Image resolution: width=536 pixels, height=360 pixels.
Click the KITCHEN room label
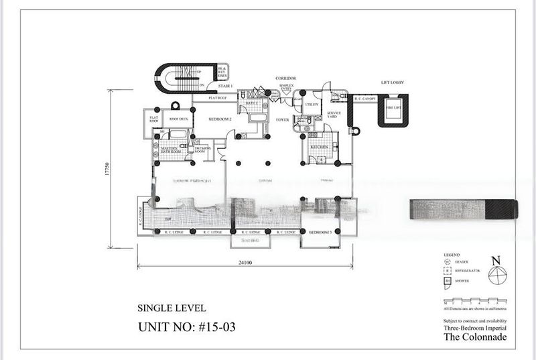click(319, 147)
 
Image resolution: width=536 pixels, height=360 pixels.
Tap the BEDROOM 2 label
click(220, 119)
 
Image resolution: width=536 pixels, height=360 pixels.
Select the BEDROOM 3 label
click(320, 232)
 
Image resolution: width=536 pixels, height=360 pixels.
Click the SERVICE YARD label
click(334, 115)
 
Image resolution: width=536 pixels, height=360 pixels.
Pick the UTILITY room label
click(312, 105)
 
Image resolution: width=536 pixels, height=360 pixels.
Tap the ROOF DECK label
click(178, 119)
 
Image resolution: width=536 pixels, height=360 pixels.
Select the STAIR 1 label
click(225, 86)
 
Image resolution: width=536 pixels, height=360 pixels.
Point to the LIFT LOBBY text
click(393, 82)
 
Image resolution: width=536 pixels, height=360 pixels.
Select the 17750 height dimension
click(107, 169)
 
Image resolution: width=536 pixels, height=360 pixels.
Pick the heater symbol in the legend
click(446, 263)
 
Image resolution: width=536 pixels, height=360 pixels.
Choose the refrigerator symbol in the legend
click(446, 272)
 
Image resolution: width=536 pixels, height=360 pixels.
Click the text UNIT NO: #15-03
click(187, 327)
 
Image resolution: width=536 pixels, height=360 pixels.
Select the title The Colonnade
click(475, 337)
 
